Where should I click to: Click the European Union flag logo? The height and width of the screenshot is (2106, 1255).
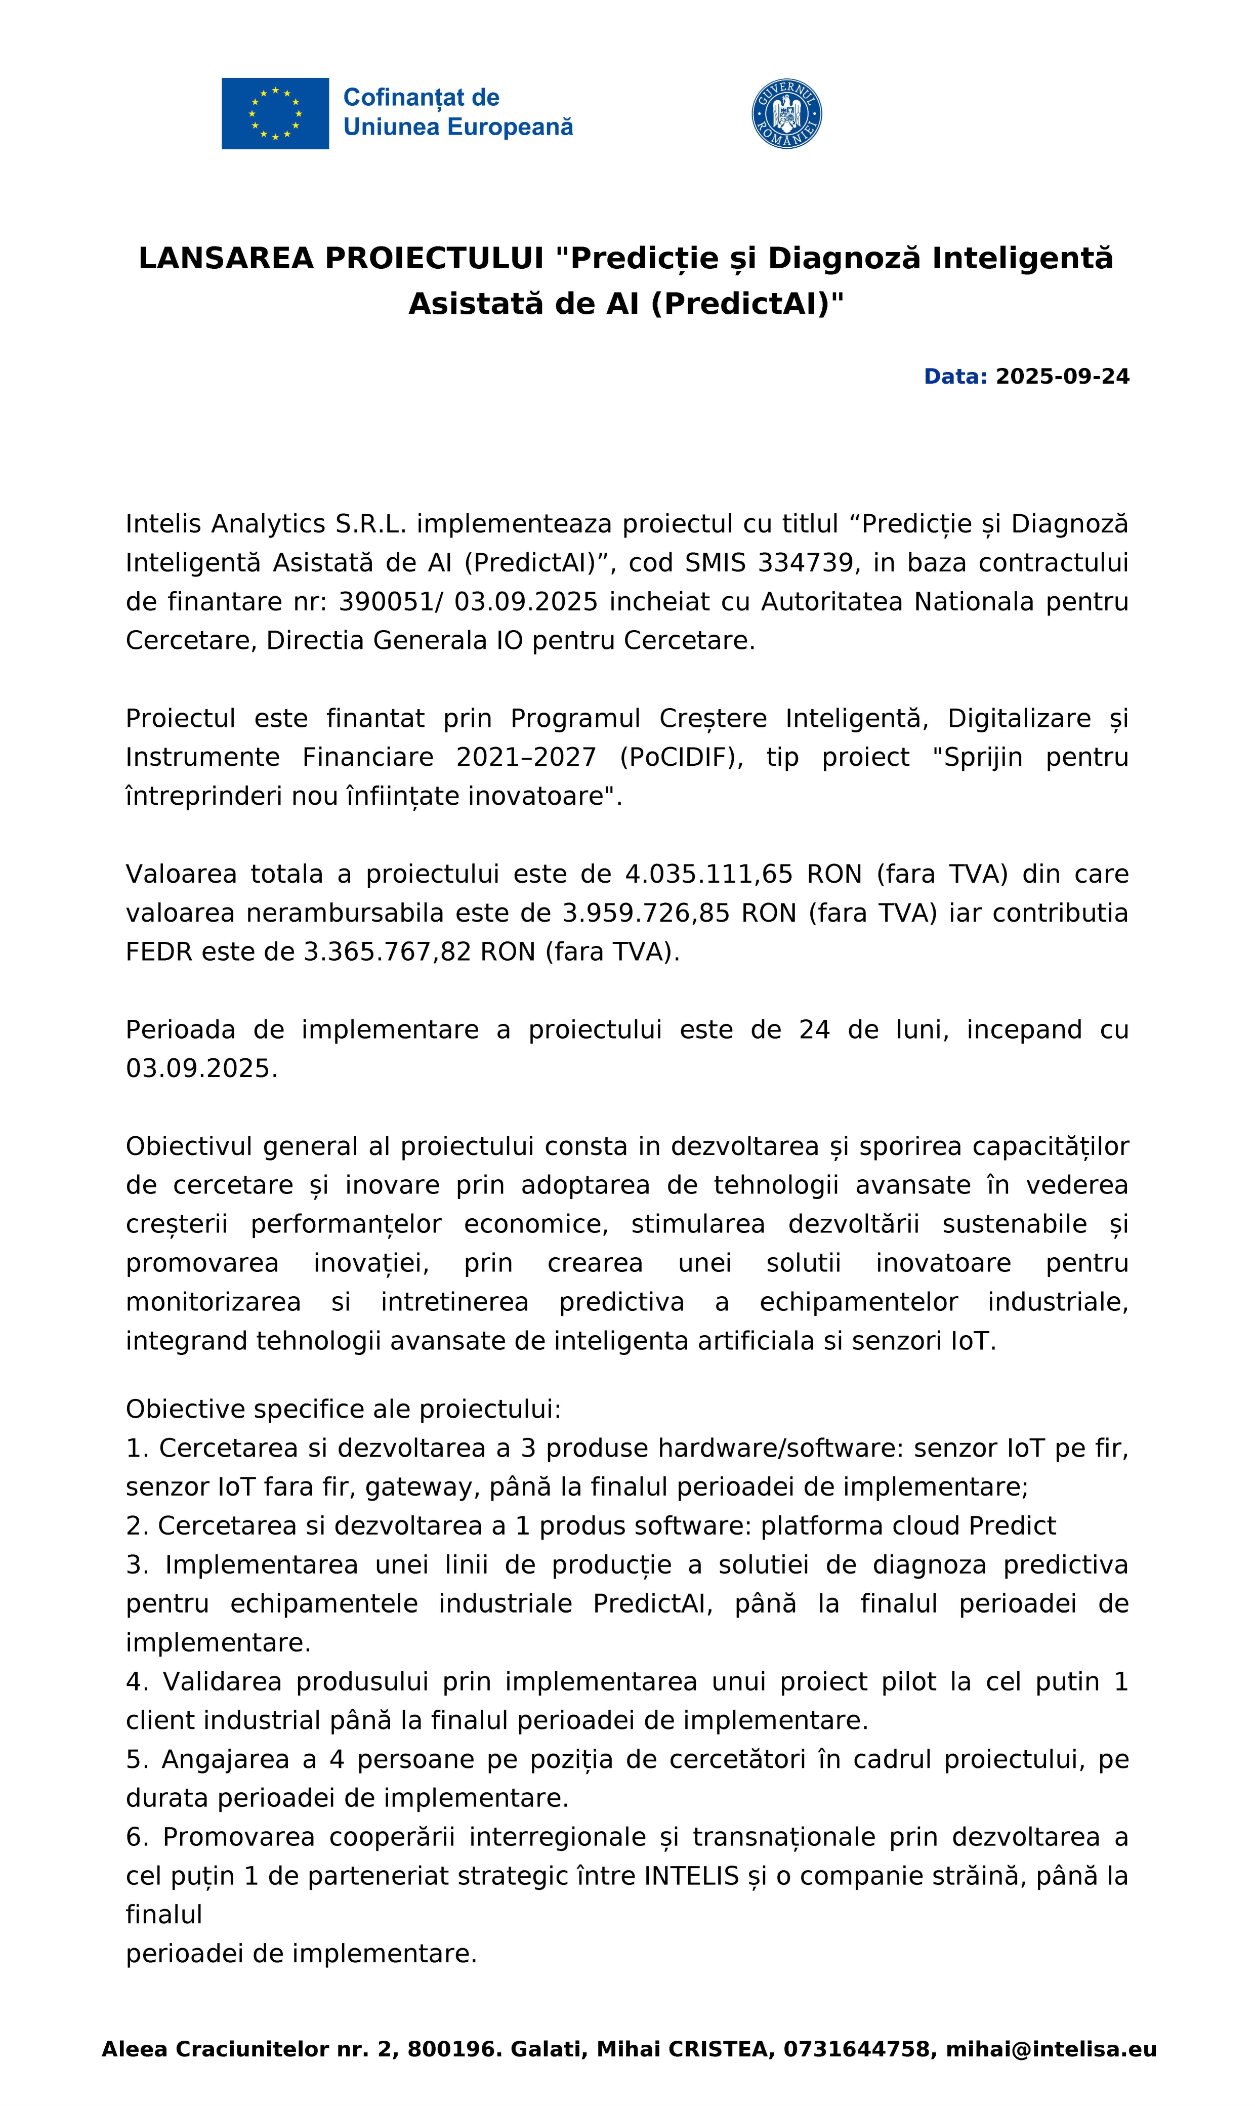pyautogui.click(x=275, y=113)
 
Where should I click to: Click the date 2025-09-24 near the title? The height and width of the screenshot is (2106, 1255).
pyautogui.click(x=1062, y=377)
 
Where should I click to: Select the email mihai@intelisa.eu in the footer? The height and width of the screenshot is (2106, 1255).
pyautogui.click(x=1051, y=2049)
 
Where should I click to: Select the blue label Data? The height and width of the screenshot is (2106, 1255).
pyautogui.click(x=955, y=377)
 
